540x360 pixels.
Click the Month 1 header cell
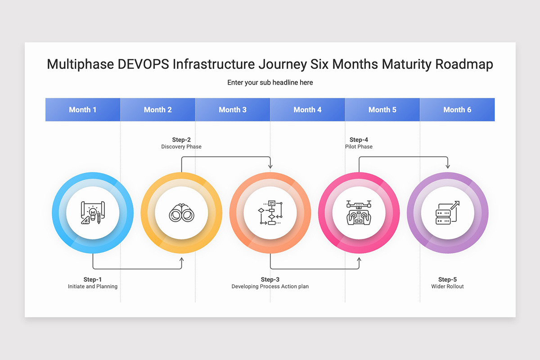click(83, 109)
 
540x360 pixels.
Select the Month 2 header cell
click(157, 109)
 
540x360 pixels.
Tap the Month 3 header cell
click(233, 109)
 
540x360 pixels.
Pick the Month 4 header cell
click(307, 109)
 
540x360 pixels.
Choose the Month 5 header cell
click(382, 109)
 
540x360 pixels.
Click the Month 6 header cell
click(457, 109)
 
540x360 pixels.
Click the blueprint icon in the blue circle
click(93, 212)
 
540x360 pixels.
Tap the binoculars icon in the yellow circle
click(181, 212)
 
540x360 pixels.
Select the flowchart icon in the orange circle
click(270, 212)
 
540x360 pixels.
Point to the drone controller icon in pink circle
click(359, 212)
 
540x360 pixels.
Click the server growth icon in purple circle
click(447, 212)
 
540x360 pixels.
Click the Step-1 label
click(93, 279)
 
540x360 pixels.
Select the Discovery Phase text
click(181, 147)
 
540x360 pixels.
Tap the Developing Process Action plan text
click(270, 287)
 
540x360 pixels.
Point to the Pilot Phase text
click(359, 147)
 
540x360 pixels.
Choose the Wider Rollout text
click(447, 287)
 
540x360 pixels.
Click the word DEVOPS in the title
click(143, 64)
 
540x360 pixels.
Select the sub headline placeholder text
click(270, 82)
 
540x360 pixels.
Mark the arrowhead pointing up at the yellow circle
click(182, 260)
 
